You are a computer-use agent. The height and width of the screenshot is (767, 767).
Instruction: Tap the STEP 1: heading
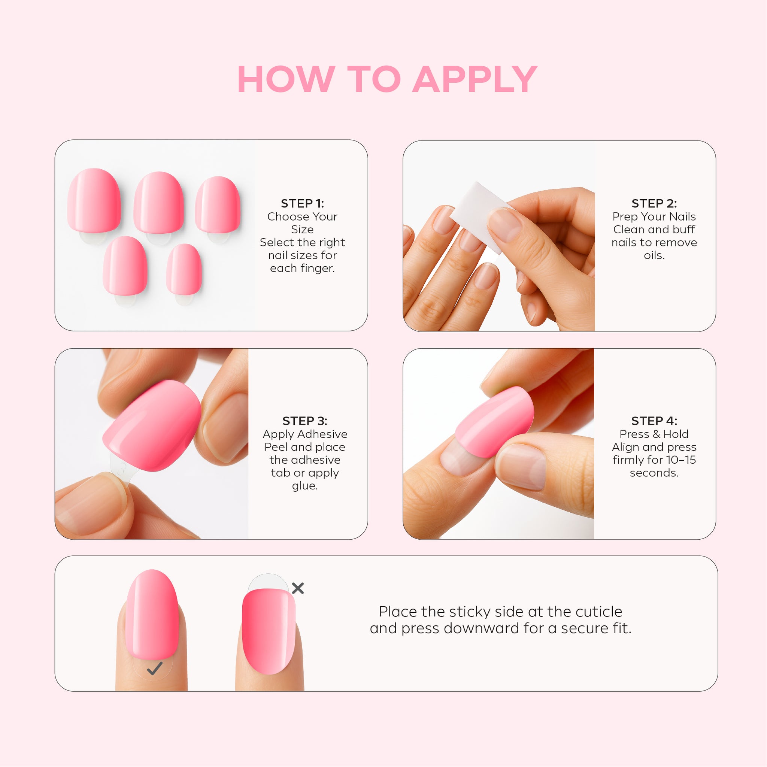click(303, 203)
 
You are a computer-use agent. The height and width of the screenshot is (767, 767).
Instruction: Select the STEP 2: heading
click(654, 203)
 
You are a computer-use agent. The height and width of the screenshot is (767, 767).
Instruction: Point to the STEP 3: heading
click(305, 421)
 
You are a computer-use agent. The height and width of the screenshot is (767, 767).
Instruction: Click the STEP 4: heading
click(654, 421)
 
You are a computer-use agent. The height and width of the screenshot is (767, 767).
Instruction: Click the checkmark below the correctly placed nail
click(154, 668)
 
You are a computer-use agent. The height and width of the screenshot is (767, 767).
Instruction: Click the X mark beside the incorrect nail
click(298, 588)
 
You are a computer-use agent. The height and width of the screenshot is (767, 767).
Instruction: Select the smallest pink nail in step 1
click(184, 270)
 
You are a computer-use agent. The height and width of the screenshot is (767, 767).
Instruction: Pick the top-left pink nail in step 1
click(94, 200)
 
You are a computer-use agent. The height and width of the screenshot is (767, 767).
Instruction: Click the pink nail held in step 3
click(152, 425)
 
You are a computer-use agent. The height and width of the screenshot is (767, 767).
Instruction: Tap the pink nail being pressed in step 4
click(494, 422)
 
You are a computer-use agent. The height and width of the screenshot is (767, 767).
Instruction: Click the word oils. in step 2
click(654, 255)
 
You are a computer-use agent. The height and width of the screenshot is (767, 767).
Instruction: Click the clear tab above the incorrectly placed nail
click(268, 582)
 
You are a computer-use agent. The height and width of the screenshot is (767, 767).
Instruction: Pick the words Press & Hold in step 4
click(654, 434)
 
